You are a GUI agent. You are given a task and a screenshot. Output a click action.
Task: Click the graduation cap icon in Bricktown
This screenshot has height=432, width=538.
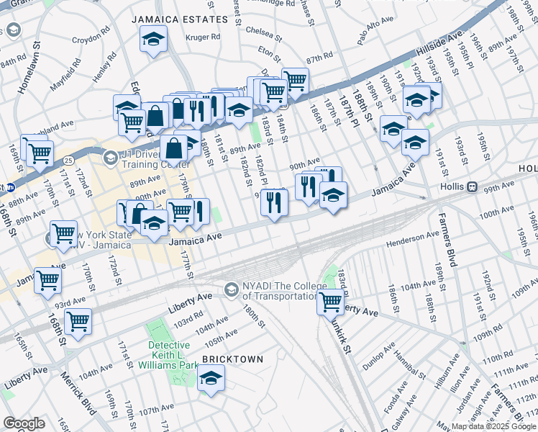pyautogui.click(x=211, y=377)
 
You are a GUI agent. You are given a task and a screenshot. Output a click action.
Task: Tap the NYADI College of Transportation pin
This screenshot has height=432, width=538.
pyautogui.click(x=231, y=289)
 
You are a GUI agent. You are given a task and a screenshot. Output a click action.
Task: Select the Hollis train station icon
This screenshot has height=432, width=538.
pyautogui.click(x=473, y=186)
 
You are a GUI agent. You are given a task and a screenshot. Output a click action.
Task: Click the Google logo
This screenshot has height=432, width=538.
pyautogui.click(x=24, y=423)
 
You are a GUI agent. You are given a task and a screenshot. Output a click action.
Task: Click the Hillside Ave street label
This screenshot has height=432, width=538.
pyautogui.click(x=440, y=48)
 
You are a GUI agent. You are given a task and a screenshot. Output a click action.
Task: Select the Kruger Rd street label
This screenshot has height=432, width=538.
pyautogui.click(x=202, y=37)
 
